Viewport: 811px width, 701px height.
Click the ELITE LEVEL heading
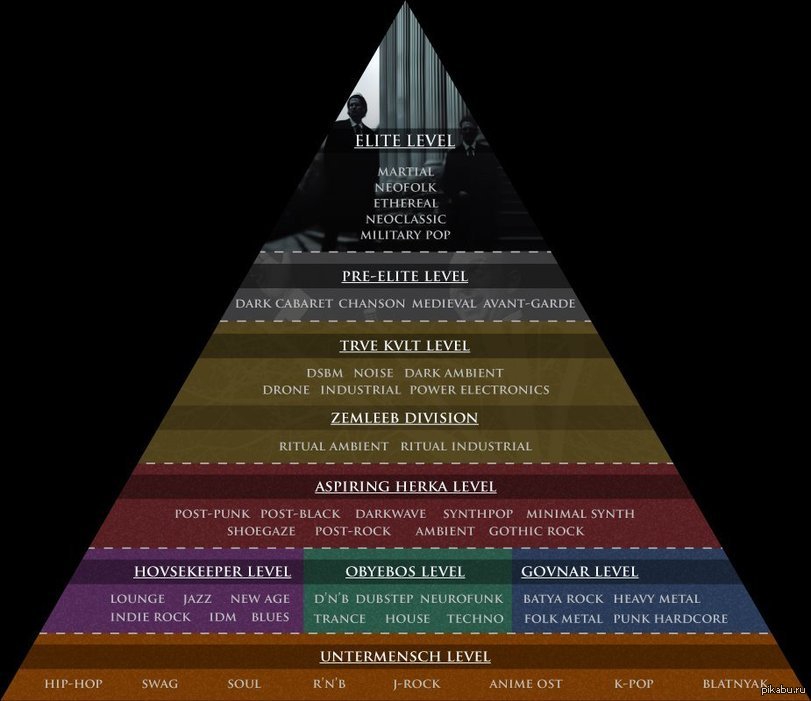click(404, 141)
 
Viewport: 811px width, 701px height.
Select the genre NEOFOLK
click(406, 187)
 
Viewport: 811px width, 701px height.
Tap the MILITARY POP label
click(406, 235)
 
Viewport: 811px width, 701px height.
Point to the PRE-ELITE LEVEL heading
click(404, 276)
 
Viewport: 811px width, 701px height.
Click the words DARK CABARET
click(283, 304)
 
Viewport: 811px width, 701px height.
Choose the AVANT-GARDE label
click(529, 304)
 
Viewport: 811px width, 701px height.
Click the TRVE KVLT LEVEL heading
click(404, 346)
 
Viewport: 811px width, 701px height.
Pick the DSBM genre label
click(324, 373)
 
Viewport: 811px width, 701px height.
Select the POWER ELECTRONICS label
click(479, 390)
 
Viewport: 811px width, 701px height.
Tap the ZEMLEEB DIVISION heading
click(404, 418)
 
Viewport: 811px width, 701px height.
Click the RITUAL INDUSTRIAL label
click(466, 446)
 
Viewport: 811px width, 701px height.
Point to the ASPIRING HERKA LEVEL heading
click(406, 487)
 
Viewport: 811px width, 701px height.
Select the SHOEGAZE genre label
click(261, 531)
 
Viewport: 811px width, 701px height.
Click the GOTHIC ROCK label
click(536, 531)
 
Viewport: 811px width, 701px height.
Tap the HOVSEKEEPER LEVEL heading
click(212, 572)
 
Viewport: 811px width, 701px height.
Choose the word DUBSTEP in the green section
click(384, 599)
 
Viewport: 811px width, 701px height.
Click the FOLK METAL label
click(563, 619)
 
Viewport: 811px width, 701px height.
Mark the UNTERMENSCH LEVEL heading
click(405, 657)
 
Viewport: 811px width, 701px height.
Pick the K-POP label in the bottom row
click(634, 684)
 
